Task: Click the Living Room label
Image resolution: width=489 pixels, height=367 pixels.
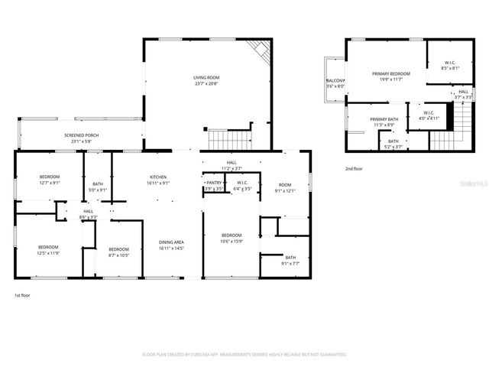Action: click(206, 77)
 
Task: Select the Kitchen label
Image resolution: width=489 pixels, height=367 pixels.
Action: click(157, 177)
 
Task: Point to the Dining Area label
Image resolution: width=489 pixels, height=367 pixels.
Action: click(171, 242)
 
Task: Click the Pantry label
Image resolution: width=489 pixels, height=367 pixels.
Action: click(213, 183)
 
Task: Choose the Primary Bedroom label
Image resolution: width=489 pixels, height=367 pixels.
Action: click(391, 73)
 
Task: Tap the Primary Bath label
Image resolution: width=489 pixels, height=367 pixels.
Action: click(384, 119)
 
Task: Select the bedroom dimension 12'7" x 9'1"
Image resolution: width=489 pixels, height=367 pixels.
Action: click(50, 183)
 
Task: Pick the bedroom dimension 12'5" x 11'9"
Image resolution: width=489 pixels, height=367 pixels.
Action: click(49, 253)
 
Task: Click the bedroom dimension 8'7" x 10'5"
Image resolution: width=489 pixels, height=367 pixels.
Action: click(118, 255)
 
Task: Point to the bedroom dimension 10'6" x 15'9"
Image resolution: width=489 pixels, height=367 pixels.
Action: click(232, 241)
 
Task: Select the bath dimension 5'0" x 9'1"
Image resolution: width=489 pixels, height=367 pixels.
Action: click(98, 189)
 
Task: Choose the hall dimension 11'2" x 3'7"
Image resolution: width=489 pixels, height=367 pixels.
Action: click(231, 168)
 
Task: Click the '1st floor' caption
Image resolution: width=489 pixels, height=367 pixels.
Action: click(22, 295)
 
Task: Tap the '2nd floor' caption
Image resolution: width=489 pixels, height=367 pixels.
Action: click(353, 167)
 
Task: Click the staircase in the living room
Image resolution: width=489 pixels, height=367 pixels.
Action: click(229, 140)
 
